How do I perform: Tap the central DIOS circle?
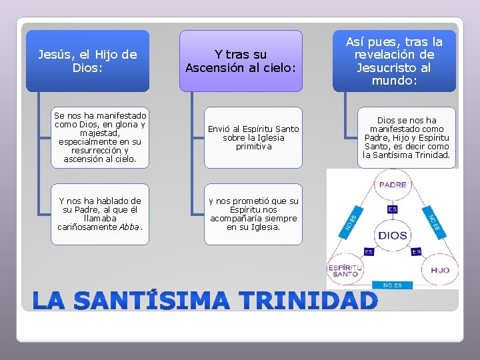click(x=392, y=235)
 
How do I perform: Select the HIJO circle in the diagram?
click(x=439, y=270)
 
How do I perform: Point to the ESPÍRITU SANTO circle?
click(x=345, y=270)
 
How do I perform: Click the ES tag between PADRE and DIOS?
click(x=392, y=209)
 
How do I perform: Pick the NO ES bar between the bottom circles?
click(x=392, y=285)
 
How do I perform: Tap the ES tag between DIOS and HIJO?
click(x=416, y=252)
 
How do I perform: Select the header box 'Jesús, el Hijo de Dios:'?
click(x=87, y=61)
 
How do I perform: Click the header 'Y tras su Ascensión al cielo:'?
click(x=240, y=61)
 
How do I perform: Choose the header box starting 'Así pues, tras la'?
click(x=394, y=61)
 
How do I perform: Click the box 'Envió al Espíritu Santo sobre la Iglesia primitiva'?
click(x=253, y=137)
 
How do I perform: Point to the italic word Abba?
click(x=129, y=227)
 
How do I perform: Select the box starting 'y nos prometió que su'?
click(x=253, y=214)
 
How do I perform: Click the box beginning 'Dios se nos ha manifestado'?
click(x=407, y=138)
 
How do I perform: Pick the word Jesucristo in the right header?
click(x=394, y=67)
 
